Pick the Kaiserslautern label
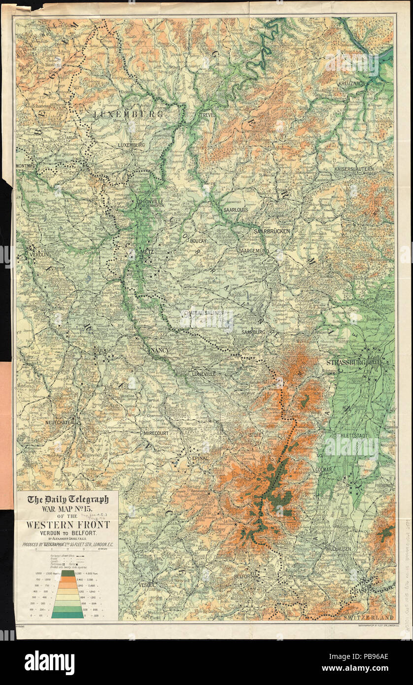point(354,169)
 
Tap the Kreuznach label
point(351,84)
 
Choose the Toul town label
point(100,351)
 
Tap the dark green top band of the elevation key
point(68,574)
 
